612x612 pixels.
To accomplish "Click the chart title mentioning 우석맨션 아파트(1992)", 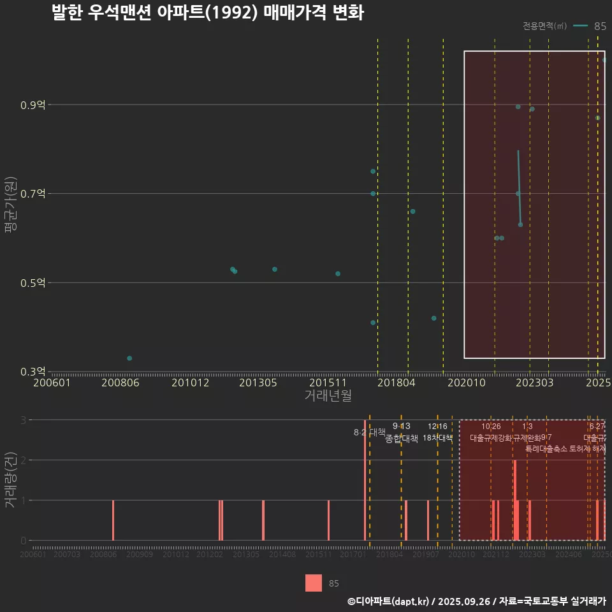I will pos(208,13).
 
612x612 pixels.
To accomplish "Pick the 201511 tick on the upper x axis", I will pos(327,383).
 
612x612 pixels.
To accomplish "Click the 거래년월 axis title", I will pos(328,395).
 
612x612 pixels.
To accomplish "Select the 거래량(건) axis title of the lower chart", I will pos(11,480).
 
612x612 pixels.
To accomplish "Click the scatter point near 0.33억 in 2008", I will pos(129,358).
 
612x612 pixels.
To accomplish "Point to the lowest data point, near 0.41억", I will pos(373,323).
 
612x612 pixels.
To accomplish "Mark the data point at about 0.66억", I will pos(412,211).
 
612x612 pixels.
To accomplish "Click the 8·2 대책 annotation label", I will pos(374,432).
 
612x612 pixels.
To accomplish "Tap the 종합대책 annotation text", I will pos(402,439).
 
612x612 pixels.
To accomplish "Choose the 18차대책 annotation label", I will pos(437,438).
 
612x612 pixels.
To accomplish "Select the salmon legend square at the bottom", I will pos(314,583).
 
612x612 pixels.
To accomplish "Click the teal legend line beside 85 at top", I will pos(580,26).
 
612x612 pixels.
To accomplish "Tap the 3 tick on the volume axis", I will pos(23,420).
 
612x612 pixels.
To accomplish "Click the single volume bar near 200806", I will pos(113,520).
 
